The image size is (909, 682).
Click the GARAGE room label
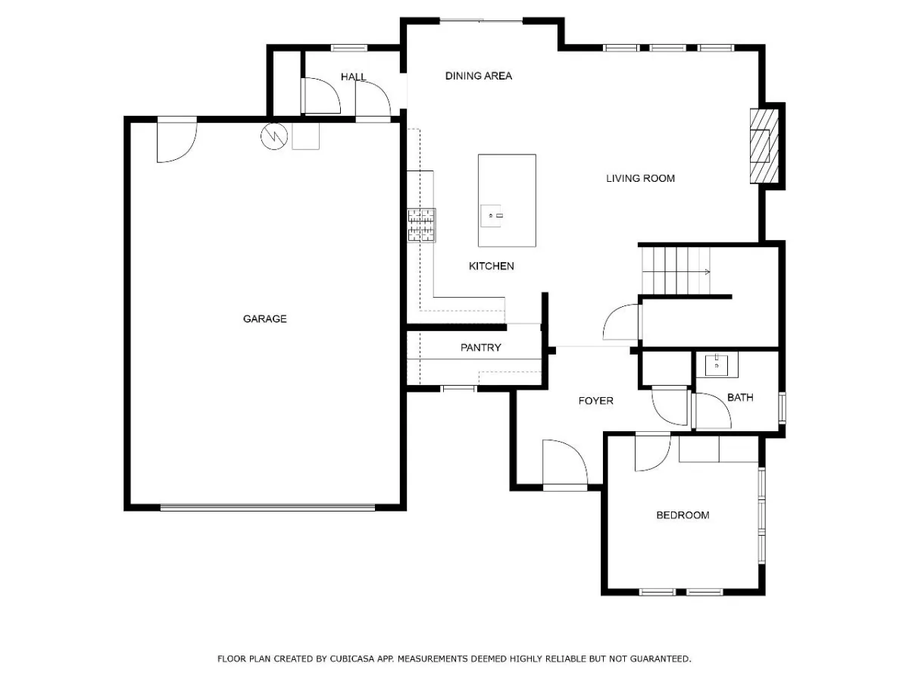(x=264, y=319)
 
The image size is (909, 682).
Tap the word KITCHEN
(x=491, y=266)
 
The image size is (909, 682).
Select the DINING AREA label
(x=478, y=76)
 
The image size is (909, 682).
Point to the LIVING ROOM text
(x=640, y=179)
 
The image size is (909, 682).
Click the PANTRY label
(x=480, y=347)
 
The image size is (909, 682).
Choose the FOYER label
(x=595, y=401)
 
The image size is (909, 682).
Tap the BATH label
(x=740, y=398)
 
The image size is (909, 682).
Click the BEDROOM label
(x=683, y=515)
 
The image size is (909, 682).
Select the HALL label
(x=353, y=77)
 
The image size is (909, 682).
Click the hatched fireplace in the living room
(x=764, y=145)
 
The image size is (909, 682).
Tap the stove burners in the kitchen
(x=421, y=225)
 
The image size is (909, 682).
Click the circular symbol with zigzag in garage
(x=274, y=136)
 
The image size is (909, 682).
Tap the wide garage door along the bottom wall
(x=267, y=507)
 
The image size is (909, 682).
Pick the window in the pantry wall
(x=458, y=389)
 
